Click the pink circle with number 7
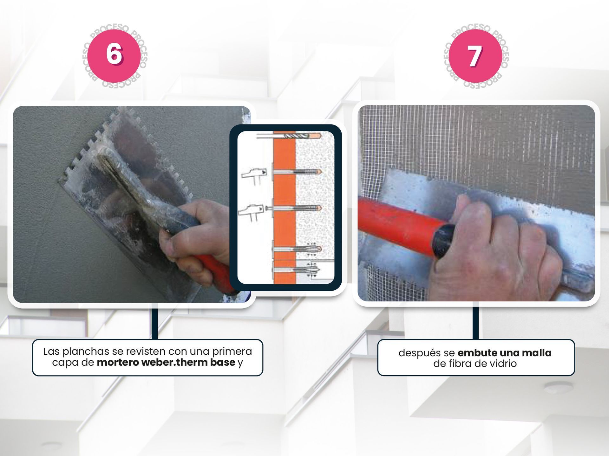tap(475, 56)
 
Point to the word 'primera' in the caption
tap(232, 351)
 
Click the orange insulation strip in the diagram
tap(285, 207)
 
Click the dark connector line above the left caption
tap(154, 322)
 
